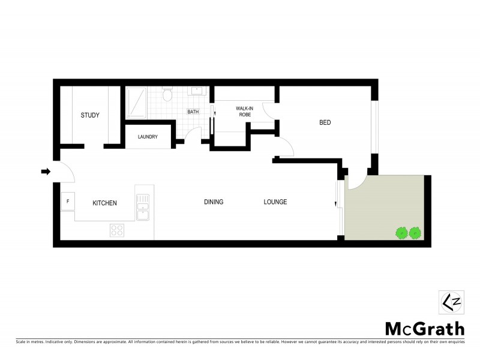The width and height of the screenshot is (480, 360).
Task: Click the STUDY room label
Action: [90, 115]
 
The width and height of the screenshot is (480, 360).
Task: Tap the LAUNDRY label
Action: [148, 137]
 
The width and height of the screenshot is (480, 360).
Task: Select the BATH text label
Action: [193, 112]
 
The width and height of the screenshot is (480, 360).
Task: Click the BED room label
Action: [325, 122]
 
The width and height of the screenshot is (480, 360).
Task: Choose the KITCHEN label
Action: [104, 203]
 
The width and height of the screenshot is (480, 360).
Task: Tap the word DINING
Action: [214, 202]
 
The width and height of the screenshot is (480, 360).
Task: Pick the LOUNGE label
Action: [275, 202]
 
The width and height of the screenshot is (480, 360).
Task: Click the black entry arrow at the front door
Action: [46, 172]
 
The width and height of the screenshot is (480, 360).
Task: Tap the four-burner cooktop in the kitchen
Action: [117, 230]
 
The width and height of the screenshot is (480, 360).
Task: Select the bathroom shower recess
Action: [136, 103]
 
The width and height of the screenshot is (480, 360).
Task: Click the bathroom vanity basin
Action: [197, 91]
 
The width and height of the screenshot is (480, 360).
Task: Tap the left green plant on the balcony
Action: [401, 232]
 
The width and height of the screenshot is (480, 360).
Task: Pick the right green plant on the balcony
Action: [415, 232]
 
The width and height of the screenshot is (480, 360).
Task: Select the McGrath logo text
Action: [424, 328]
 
